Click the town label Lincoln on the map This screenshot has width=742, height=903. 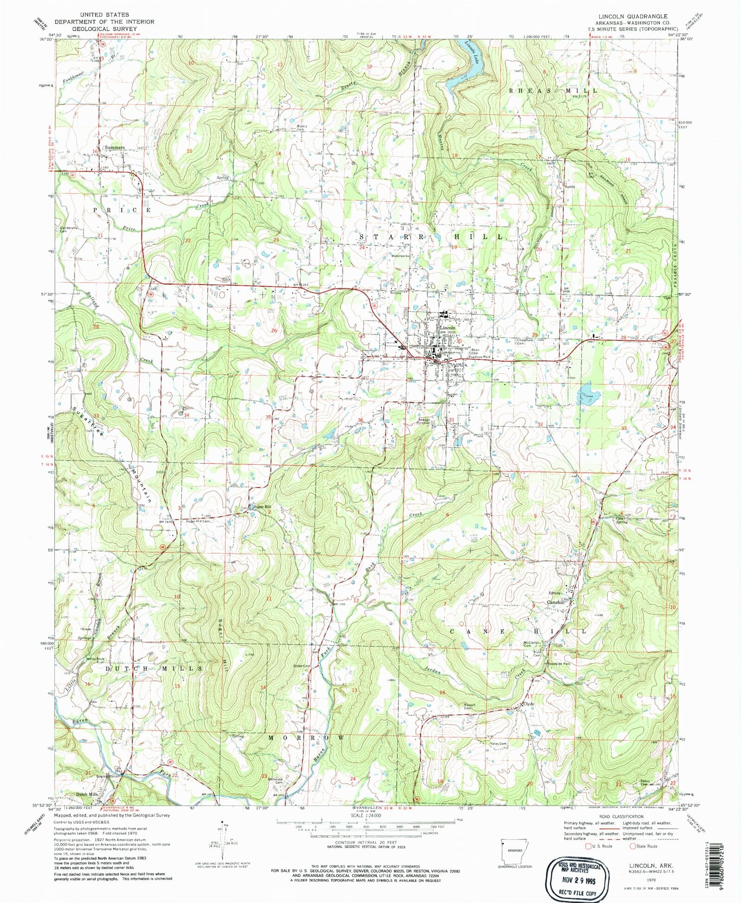click(448, 327)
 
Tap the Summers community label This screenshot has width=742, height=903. click(115, 147)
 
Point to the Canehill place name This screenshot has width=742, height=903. click(556, 602)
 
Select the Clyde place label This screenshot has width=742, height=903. click(529, 704)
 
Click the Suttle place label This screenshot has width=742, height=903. click(569, 186)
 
